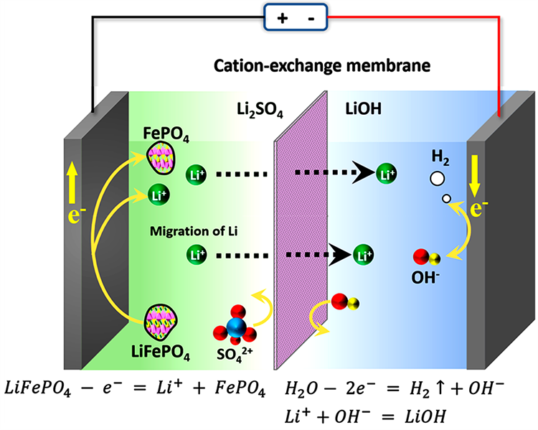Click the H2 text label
pyautogui.click(x=439, y=156)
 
